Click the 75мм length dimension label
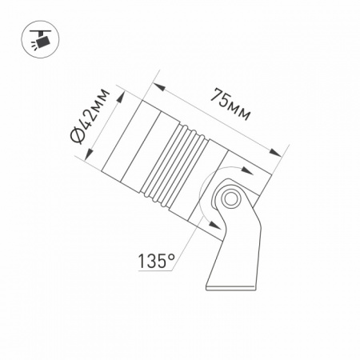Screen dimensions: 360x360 pos(230,104)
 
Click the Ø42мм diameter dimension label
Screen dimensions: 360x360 pos(90,116)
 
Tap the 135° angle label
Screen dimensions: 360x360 pos(156,261)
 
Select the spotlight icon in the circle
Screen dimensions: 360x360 pos(40,40)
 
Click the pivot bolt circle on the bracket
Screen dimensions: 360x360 pos(231,198)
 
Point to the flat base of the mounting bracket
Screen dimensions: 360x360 pos(231,288)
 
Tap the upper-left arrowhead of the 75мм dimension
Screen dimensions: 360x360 pos(159,87)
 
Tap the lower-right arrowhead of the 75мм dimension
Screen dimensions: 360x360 pos(275,153)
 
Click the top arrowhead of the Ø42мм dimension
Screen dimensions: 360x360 pos(121,98)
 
